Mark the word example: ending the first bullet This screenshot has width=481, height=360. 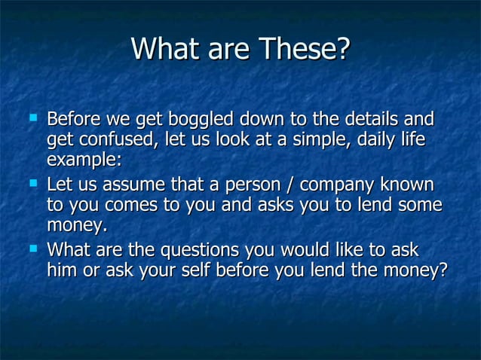(x=84, y=160)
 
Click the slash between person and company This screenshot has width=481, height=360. (x=293, y=185)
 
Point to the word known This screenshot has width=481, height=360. (x=407, y=185)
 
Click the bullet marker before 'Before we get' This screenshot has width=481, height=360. (x=32, y=118)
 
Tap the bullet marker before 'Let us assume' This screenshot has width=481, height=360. (x=32, y=184)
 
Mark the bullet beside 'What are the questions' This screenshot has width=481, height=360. (x=32, y=249)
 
